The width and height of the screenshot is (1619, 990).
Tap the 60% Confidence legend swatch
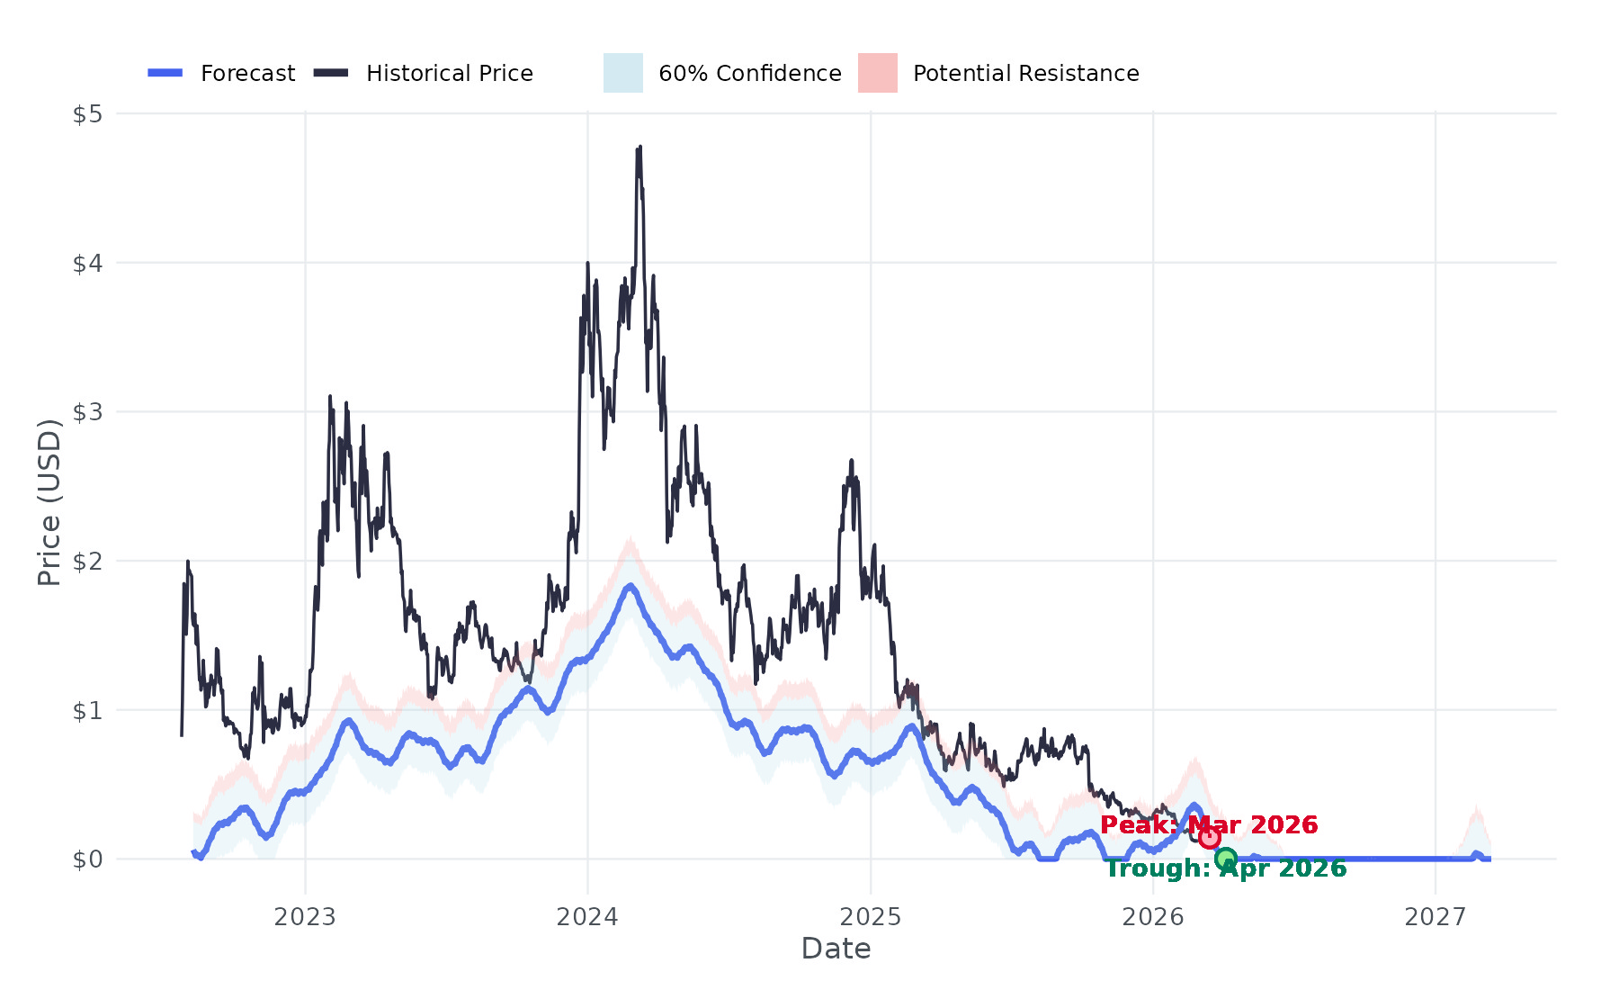click(x=622, y=73)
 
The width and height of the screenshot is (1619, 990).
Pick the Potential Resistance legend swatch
click(x=877, y=73)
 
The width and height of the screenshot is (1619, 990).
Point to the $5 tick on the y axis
click(x=87, y=114)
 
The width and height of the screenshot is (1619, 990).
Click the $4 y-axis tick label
click(x=87, y=264)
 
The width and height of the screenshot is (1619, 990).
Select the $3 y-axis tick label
click(x=87, y=412)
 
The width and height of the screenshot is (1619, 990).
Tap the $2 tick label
click(x=87, y=562)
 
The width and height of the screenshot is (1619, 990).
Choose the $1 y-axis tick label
click(x=87, y=710)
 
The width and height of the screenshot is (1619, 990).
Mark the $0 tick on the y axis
click(x=87, y=859)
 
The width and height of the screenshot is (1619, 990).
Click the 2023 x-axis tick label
click(x=305, y=917)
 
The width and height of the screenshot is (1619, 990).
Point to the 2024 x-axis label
click(x=587, y=917)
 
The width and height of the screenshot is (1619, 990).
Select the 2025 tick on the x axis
click(x=870, y=917)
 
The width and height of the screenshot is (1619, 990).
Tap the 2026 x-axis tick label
click(x=1153, y=917)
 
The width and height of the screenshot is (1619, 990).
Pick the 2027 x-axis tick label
click(x=1436, y=917)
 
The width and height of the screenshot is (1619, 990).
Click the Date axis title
click(x=836, y=949)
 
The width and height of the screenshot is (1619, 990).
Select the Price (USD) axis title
click(x=49, y=502)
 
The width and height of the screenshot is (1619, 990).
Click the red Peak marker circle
click(x=1209, y=838)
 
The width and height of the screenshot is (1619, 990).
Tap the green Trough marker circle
click(x=1225, y=859)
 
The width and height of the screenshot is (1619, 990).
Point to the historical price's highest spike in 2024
click(x=640, y=148)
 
